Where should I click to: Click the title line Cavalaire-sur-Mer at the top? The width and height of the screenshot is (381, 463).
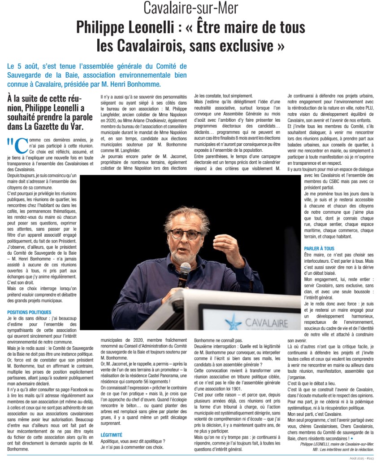tap(190, 8)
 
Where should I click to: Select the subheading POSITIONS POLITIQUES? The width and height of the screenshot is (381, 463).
tap(30, 312)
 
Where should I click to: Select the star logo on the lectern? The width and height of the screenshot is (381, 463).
tap(233, 322)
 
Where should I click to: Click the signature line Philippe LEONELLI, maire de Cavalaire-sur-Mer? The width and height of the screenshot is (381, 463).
tap(337, 444)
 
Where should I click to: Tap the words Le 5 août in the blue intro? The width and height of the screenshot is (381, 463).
tap(23, 66)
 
